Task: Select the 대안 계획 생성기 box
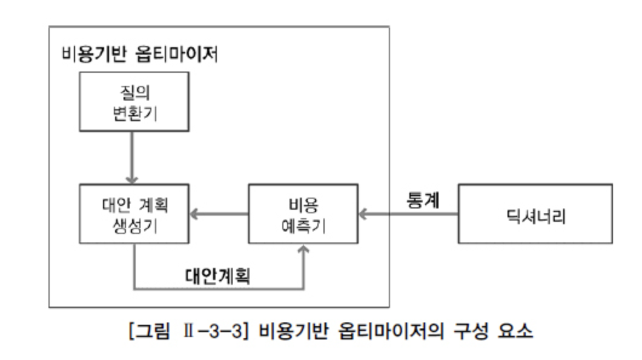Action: point(134,214)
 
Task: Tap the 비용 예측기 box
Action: point(302,214)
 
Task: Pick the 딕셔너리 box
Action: point(535,214)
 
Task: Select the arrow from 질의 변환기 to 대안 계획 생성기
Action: point(131,157)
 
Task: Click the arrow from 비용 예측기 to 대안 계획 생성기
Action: point(219,213)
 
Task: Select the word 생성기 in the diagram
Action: point(134,225)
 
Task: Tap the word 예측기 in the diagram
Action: point(303,225)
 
